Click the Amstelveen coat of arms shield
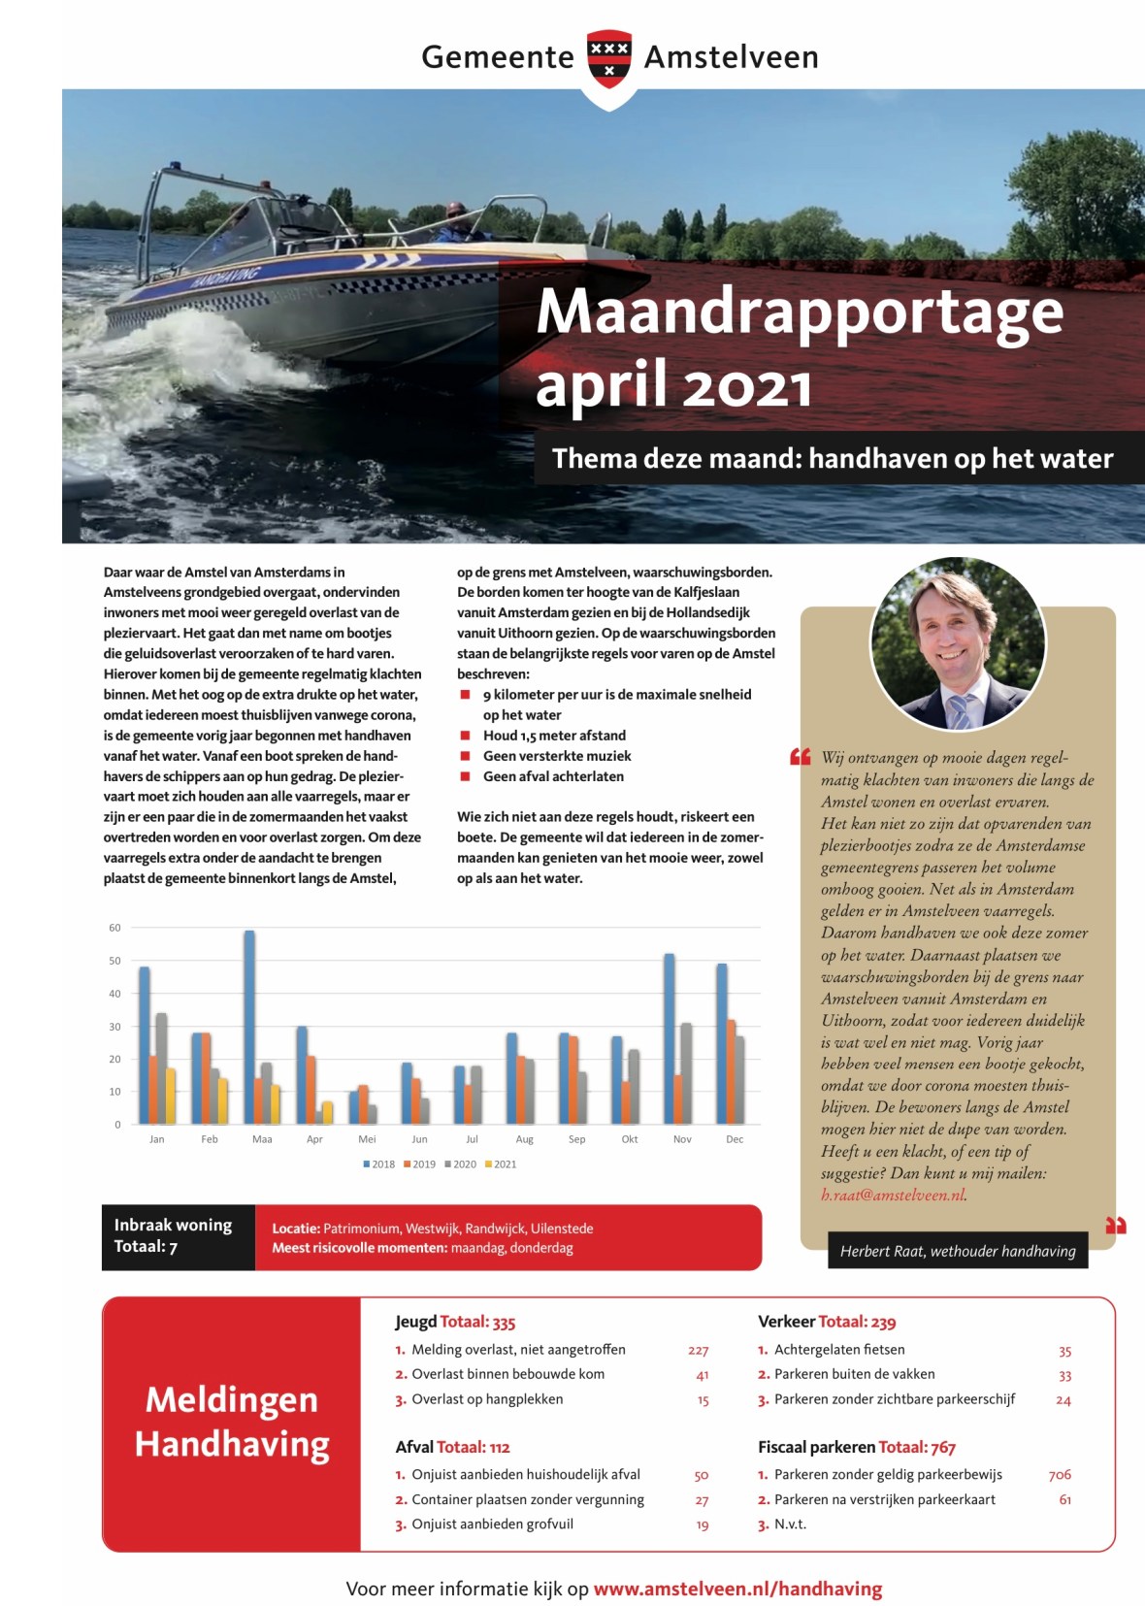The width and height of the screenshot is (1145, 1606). pos(609,58)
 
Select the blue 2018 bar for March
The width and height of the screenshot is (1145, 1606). pos(249,1027)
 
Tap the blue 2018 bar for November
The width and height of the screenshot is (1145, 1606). pos(670,1038)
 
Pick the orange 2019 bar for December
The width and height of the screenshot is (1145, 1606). pos(732,1071)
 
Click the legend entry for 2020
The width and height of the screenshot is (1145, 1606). pos(461,1164)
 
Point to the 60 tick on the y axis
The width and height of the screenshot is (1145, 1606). pos(115,928)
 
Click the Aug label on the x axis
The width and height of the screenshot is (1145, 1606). pos(525,1139)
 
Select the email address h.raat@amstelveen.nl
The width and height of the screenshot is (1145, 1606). pos(893,1195)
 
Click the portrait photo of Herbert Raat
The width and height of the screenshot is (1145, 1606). pos(958,642)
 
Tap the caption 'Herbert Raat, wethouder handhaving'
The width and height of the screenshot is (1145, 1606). pos(958,1251)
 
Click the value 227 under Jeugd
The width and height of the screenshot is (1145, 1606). pos(699,1351)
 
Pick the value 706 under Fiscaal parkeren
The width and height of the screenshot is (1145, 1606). pos(1060,1475)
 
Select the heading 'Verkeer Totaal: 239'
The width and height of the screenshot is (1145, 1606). pos(827,1322)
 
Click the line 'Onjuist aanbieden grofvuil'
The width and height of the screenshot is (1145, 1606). pos(492,1524)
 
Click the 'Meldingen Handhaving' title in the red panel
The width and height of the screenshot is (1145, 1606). pos(232,1423)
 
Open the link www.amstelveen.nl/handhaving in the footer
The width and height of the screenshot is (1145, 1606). pos(737,1589)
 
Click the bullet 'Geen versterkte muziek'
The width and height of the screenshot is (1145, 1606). pos(557,756)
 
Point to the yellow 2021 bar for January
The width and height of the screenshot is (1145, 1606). pos(171,1096)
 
